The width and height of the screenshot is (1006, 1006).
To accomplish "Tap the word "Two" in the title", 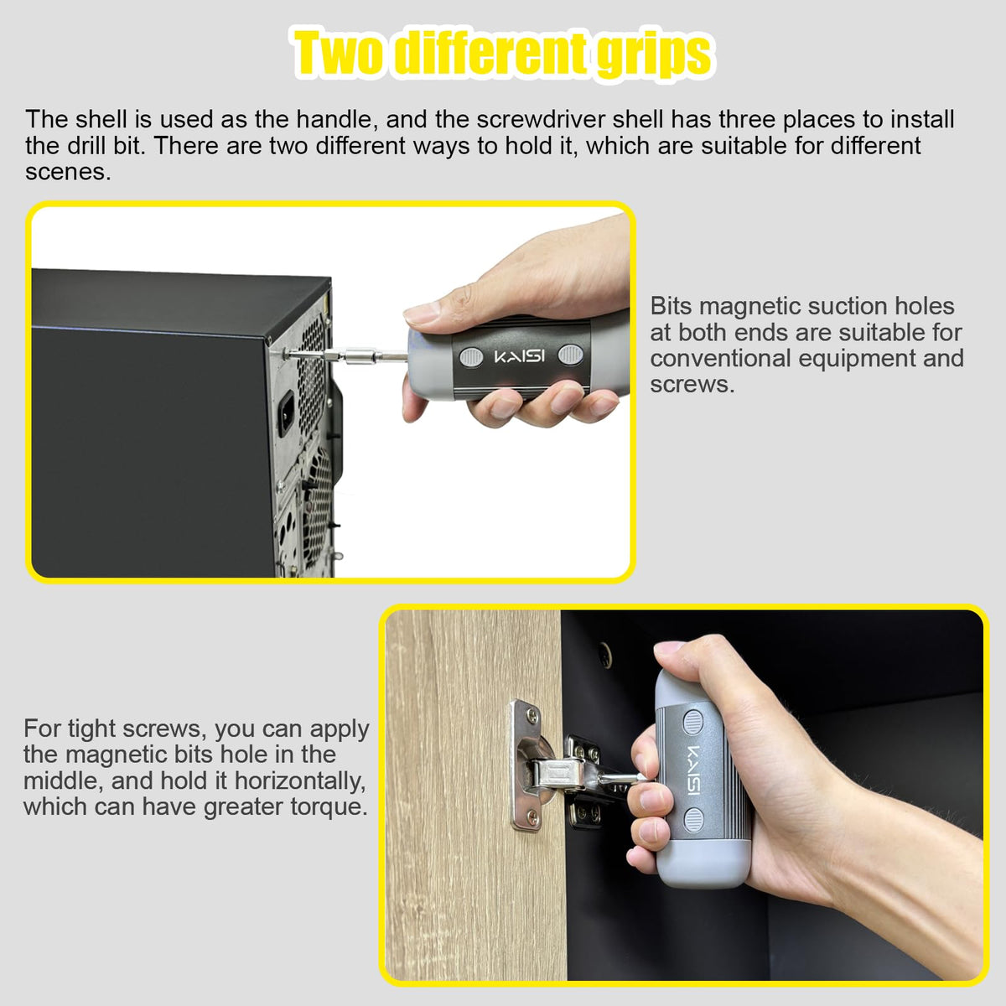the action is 340,52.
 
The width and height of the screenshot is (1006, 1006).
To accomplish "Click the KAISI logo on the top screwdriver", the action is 519,356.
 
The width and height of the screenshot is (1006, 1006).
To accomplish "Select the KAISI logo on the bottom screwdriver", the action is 694,770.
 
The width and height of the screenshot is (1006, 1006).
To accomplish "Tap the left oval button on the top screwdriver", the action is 471,357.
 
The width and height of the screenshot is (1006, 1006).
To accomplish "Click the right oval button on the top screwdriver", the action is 570,355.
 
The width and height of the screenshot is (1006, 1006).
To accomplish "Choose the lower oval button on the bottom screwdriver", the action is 693,819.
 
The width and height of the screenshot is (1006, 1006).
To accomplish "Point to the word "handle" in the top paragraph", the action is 337,120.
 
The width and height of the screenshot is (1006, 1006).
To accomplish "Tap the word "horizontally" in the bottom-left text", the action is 299,781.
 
